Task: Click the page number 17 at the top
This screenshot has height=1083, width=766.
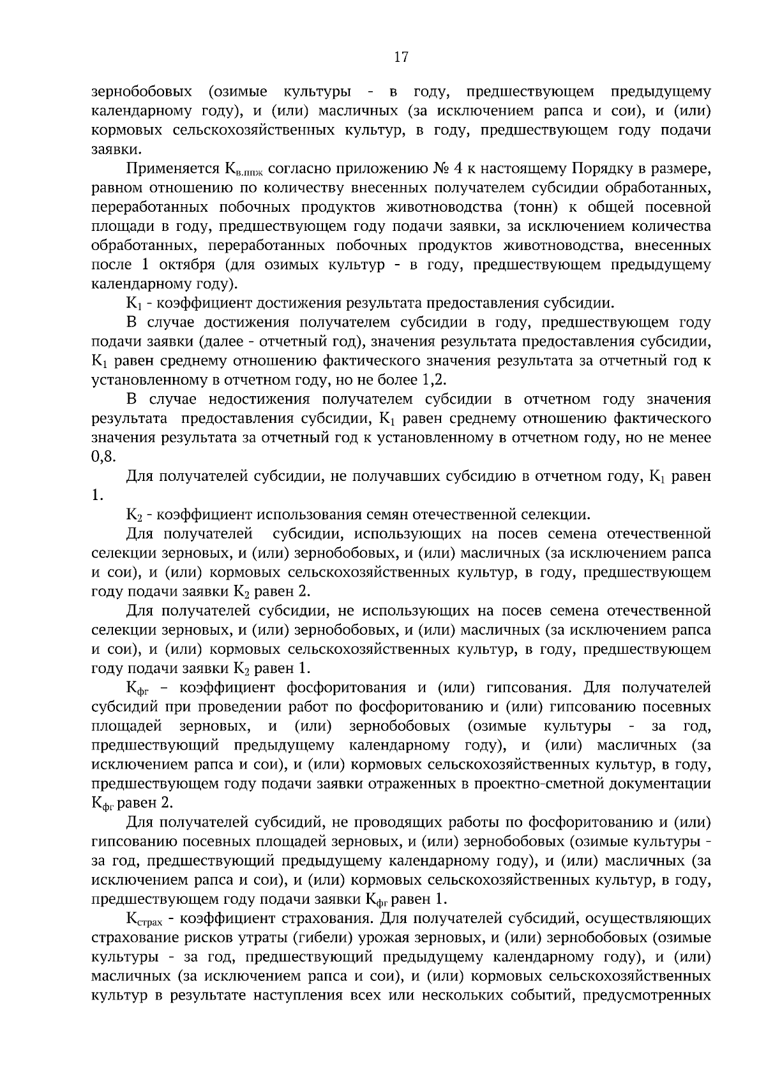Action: [401, 57]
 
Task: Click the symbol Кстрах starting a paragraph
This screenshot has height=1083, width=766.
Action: [146, 919]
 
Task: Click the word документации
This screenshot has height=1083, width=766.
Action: [660, 784]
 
